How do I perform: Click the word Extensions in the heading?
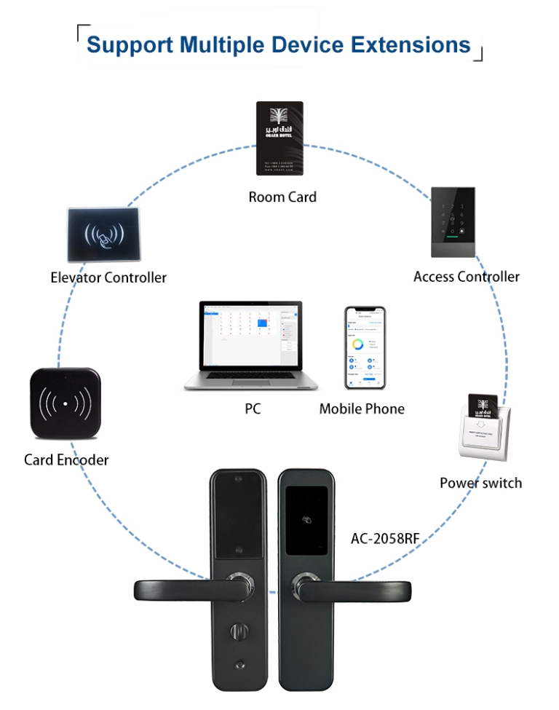pyautogui.click(x=411, y=44)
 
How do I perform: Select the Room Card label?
pyautogui.click(x=282, y=197)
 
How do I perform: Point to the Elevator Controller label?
pyautogui.click(x=108, y=277)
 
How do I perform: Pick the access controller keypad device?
pyautogui.click(x=453, y=221)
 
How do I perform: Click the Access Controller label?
pyautogui.click(x=467, y=277)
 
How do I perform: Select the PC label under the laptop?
pyautogui.click(x=253, y=409)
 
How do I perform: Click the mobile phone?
pyautogui.click(x=365, y=348)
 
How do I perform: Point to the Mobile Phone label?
pyautogui.click(x=362, y=409)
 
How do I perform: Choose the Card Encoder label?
pyautogui.click(x=66, y=460)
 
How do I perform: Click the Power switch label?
pyautogui.click(x=480, y=483)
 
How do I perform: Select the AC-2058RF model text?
pyautogui.click(x=385, y=539)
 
